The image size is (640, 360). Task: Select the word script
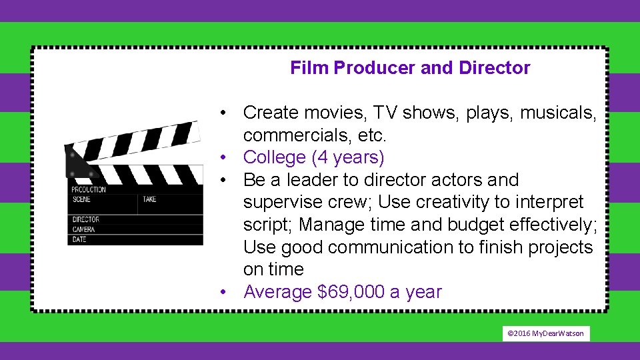tap(269, 225)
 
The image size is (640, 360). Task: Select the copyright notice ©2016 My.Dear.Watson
tap(545, 333)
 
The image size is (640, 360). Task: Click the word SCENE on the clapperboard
tap(81, 199)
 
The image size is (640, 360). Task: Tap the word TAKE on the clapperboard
tap(149, 199)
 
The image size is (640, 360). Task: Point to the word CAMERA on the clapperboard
tap(85, 229)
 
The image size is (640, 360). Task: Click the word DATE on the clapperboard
tap(79, 239)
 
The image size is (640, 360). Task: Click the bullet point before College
tap(227, 158)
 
